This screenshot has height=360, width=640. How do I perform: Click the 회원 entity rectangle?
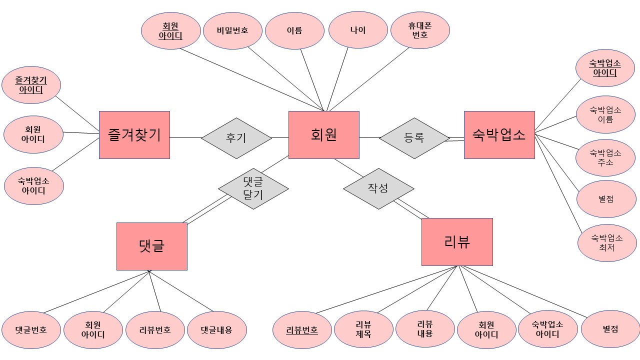[323, 135]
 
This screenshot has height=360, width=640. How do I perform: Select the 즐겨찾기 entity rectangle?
[134, 135]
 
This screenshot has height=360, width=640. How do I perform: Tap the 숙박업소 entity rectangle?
[499, 135]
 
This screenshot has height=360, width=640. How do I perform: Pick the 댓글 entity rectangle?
[151, 246]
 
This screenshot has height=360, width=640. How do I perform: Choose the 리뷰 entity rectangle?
[456, 241]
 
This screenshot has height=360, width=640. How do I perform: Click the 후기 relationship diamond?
[236, 138]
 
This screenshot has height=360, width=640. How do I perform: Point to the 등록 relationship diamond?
[414, 138]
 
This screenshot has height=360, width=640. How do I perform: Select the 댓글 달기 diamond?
[253, 188]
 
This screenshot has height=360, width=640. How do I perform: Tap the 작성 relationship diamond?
[378, 188]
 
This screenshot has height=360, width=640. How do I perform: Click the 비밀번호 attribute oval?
[232, 30]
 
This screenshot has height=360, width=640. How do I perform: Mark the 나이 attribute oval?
[358, 30]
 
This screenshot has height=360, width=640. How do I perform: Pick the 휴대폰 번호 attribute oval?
[420, 30]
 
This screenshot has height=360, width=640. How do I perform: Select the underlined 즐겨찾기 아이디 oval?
[31, 85]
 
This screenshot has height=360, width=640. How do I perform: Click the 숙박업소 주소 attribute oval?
[605, 157]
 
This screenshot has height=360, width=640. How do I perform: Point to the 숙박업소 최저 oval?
[606, 242]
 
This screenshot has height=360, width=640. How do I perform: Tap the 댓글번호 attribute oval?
[31, 330]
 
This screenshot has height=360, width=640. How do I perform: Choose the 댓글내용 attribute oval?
[216, 330]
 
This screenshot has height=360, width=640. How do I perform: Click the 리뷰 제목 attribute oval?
[363, 330]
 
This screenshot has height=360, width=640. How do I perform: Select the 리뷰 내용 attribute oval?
[425, 328]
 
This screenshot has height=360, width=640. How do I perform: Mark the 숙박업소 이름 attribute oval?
[605, 115]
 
